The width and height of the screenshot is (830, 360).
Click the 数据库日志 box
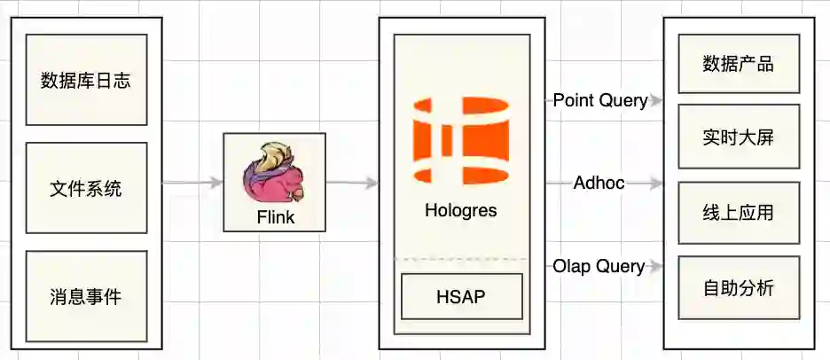click(86, 80)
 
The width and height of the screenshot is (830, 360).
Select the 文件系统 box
click(86, 188)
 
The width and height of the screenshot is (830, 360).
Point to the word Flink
click(274, 217)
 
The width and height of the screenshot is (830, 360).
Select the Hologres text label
click(461, 211)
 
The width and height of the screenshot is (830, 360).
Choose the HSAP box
click(461, 296)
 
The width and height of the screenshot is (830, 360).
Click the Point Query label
click(600, 100)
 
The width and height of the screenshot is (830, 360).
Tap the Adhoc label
click(599, 184)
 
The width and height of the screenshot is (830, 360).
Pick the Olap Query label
click(599, 266)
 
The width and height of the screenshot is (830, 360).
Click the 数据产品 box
click(739, 64)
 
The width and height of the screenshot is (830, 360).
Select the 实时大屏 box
click(739, 137)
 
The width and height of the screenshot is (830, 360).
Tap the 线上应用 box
click(739, 213)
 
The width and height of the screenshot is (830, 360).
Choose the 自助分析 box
click(739, 288)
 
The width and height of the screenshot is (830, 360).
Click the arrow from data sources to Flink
click(192, 184)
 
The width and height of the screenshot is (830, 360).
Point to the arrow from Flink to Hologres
click(352, 184)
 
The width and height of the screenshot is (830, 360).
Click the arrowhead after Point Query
click(657, 101)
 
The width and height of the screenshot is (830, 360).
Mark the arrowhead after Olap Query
click(657, 266)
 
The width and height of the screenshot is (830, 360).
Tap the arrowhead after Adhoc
click(657, 184)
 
